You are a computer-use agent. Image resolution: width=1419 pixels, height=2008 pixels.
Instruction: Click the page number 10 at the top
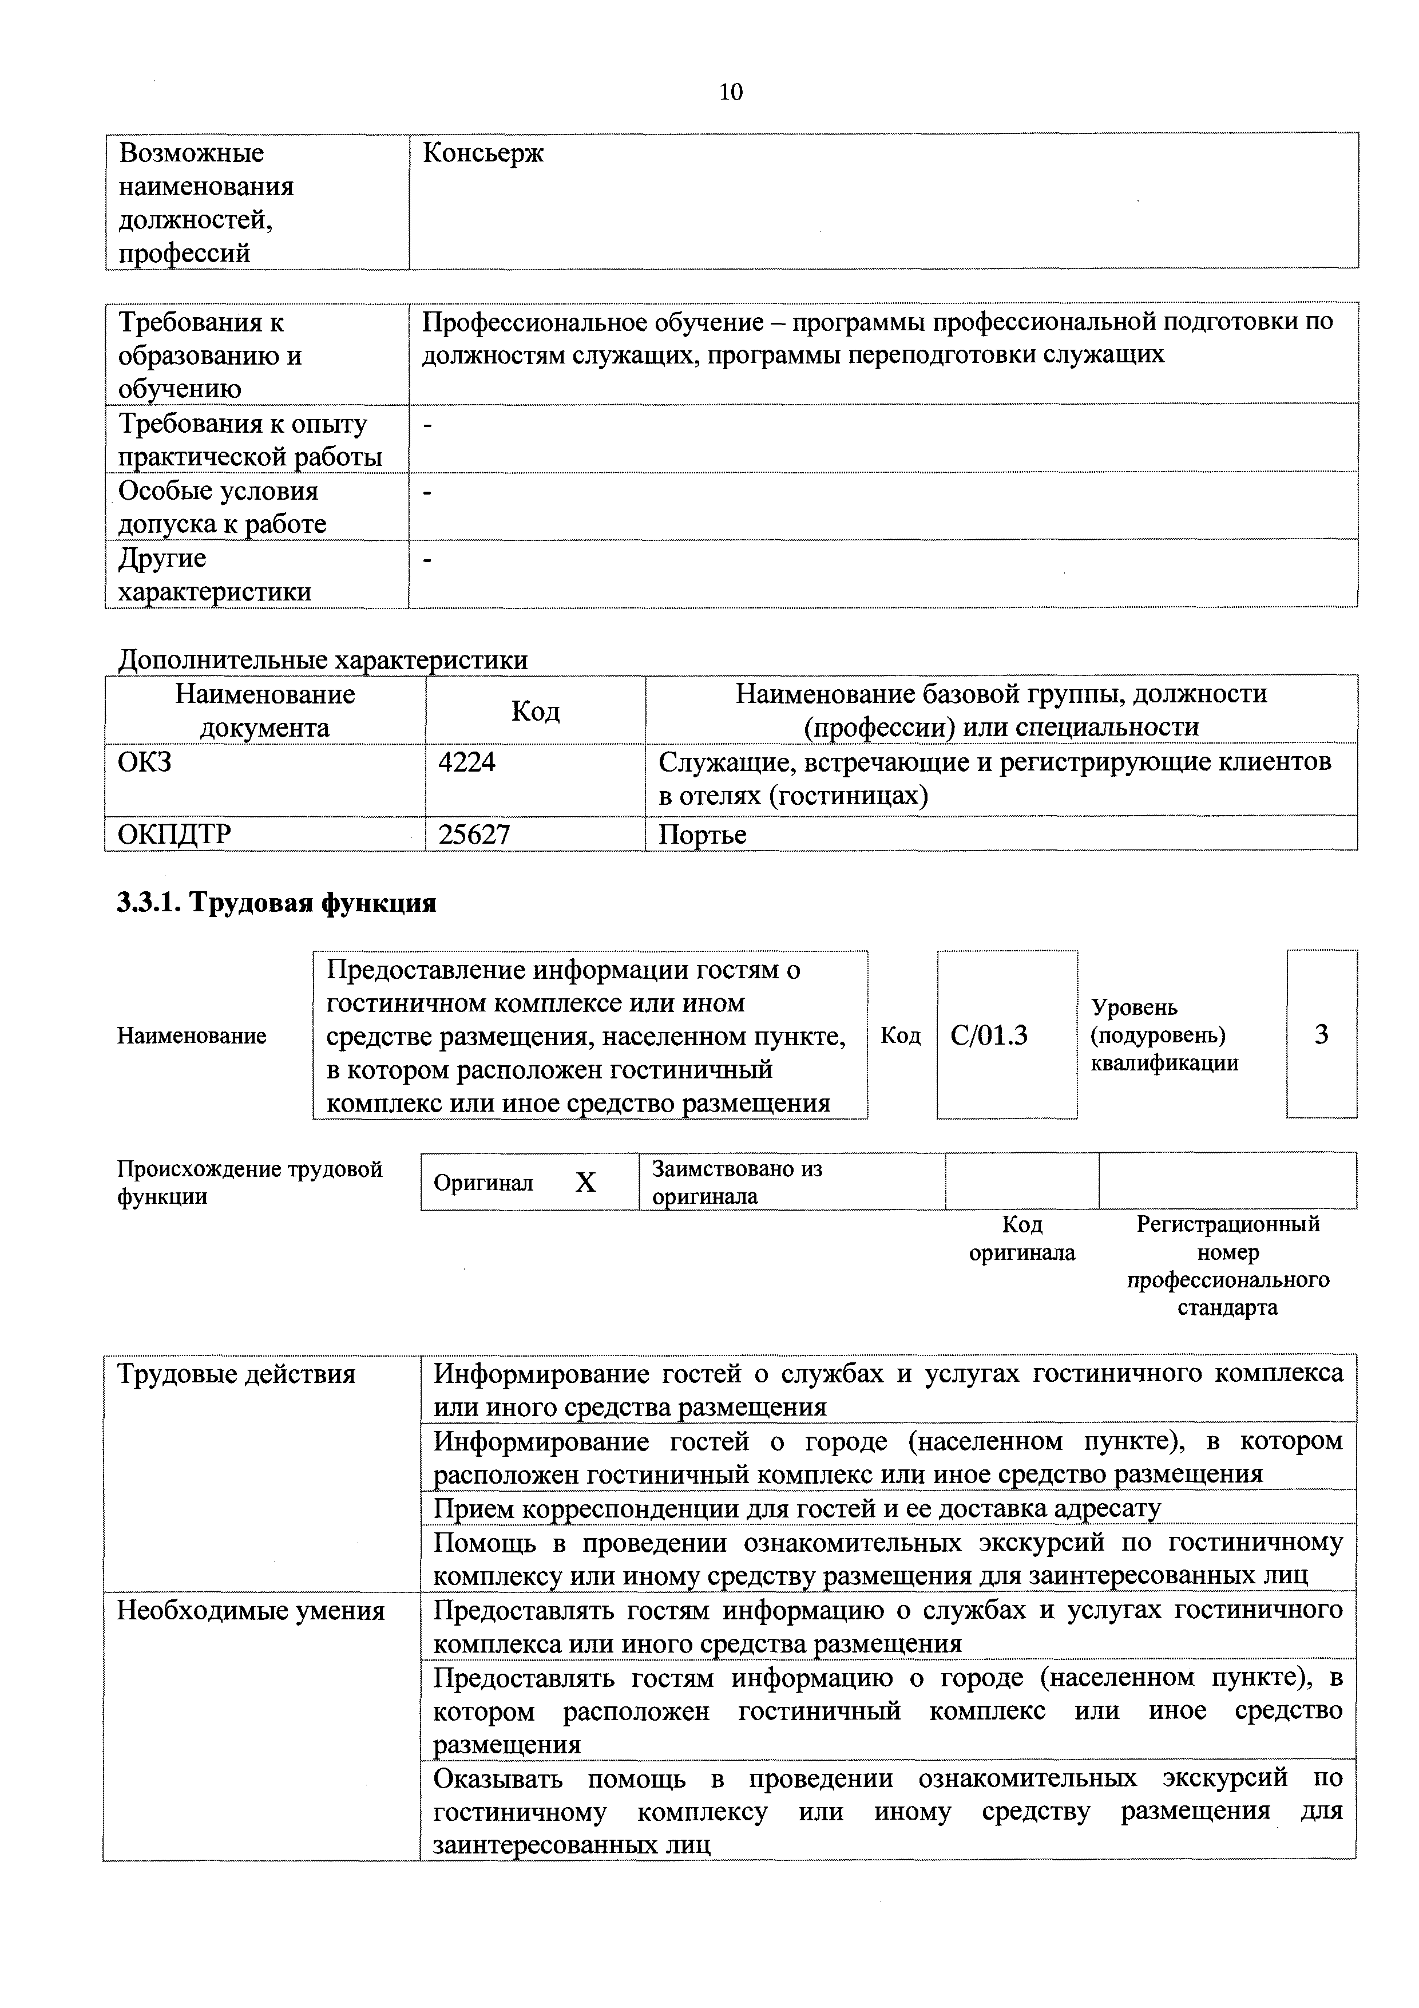click(730, 92)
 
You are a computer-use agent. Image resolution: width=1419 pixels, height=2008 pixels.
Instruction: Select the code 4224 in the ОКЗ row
click(467, 762)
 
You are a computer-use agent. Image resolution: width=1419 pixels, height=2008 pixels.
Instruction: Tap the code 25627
click(474, 835)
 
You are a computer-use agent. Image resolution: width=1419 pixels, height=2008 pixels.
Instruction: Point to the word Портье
click(702, 835)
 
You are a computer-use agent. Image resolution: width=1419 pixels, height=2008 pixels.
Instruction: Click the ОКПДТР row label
click(175, 835)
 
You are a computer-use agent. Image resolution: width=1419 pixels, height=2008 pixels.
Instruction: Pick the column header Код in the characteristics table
click(535, 711)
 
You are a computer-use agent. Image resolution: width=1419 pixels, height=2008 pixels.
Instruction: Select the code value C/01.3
click(989, 1035)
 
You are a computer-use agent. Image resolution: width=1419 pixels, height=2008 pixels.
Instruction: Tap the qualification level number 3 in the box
click(1321, 1035)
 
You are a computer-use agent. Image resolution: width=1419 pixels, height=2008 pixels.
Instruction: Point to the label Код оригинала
click(1022, 1238)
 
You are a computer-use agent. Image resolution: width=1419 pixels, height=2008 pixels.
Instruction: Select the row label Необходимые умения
click(251, 1611)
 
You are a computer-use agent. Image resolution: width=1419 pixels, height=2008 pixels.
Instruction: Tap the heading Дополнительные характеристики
click(323, 659)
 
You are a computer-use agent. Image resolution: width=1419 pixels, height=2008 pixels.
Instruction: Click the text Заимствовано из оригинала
click(736, 1183)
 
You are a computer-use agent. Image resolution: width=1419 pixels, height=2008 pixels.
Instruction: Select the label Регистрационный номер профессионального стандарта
click(1227, 1266)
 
